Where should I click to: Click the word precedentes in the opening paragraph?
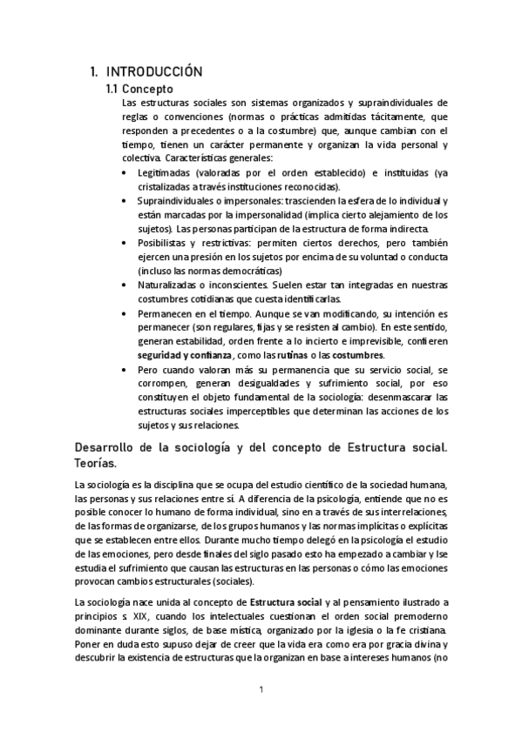pos(222,131)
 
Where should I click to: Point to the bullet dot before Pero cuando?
pos(127,369)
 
